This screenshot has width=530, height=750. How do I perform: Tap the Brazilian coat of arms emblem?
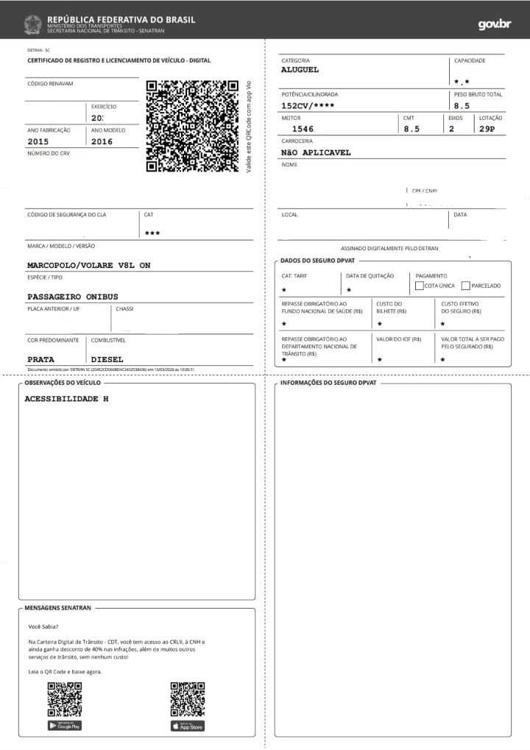click(x=32, y=24)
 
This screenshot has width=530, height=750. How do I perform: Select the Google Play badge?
click(x=64, y=726)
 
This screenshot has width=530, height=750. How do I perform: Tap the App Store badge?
click(x=188, y=726)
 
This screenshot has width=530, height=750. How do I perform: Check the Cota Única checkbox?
click(x=420, y=286)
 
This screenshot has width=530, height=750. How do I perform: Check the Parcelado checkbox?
click(x=465, y=286)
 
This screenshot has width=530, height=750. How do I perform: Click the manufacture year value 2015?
click(x=38, y=141)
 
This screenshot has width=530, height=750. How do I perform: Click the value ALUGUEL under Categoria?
click(x=300, y=70)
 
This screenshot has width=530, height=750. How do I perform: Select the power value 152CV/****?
click(x=308, y=105)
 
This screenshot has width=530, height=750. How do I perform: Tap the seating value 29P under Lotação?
click(x=487, y=129)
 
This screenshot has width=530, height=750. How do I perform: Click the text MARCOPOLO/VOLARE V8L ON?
click(x=88, y=265)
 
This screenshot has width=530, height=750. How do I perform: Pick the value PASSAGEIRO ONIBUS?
click(x=72, y=297)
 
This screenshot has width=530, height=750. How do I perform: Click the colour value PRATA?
click(x=40, y=359)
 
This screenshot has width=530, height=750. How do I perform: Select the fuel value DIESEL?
click(x=107, y=359)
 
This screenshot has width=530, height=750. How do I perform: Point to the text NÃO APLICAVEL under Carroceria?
click(x=316, y=152)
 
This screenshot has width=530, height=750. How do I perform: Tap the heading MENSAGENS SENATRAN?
click(x=57, y=609)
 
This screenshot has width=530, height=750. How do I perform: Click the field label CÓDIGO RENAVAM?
click(x=50, y=84)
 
